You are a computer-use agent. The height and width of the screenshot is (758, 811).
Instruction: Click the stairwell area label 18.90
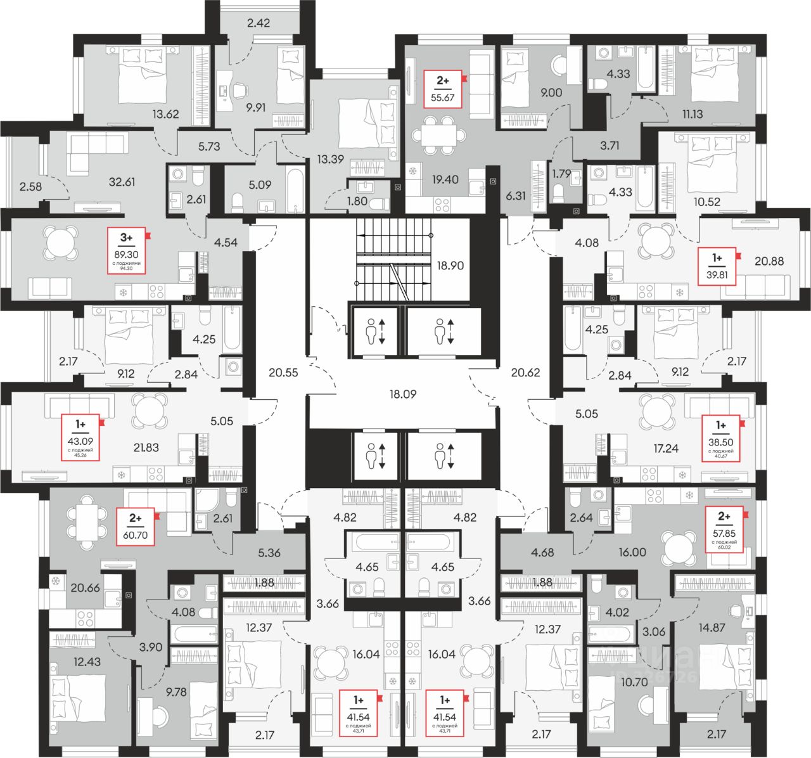(450, 266)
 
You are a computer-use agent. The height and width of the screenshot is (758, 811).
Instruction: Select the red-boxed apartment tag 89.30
(127, 250)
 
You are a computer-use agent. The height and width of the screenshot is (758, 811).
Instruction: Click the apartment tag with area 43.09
(80, 436)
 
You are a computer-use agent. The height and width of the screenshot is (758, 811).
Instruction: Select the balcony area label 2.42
(259, 24)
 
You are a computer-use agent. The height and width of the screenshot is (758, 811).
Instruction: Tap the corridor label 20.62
(525, 373)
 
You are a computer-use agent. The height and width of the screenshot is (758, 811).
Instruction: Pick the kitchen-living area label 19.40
(444, 180)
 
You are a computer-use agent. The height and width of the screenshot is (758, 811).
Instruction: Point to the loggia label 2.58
(31, 186)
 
